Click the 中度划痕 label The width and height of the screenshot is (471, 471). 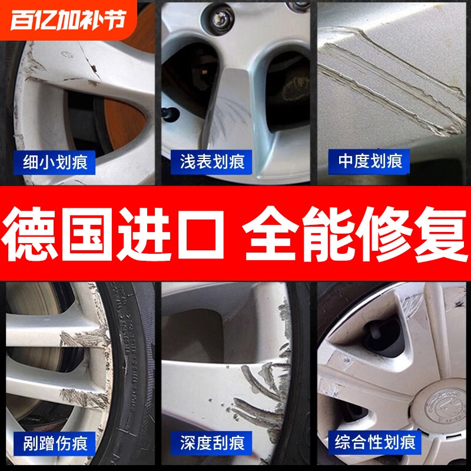(x=370, y=161)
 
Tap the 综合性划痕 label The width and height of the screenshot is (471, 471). (x=374, y=441)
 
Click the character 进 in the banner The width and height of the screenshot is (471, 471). (x=151, y=233)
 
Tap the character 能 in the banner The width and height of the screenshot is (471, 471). (x=326, y=233)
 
